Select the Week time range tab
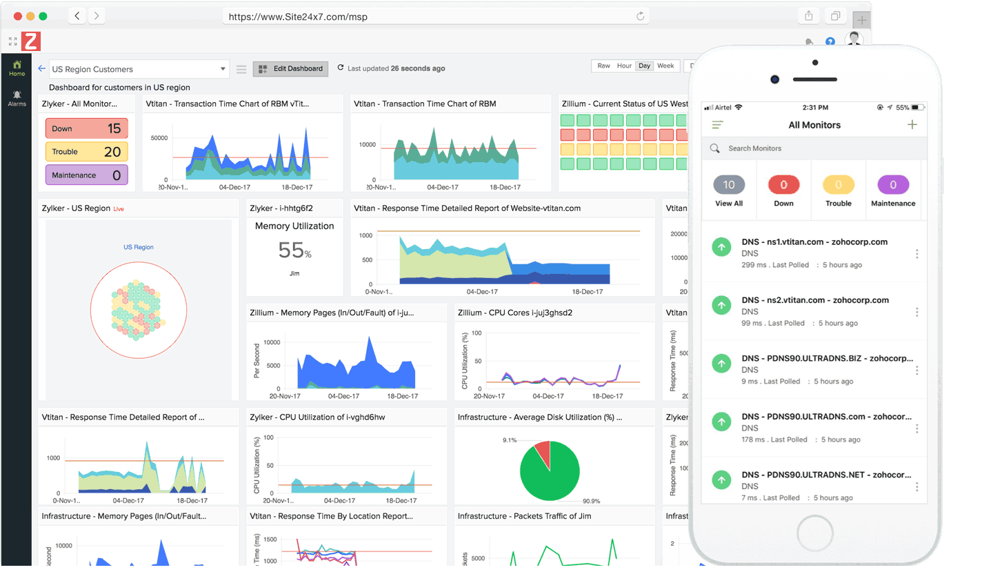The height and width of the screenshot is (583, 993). (665, 66)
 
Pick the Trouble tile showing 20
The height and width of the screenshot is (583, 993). (87, 152)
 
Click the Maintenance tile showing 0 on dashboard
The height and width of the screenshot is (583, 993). (87, 175)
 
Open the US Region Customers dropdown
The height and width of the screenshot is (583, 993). (138, 69)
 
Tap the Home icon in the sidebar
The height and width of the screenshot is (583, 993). (17, 68)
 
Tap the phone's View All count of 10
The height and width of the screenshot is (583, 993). (729, 185)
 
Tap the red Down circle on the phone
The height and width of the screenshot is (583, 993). (783, 185)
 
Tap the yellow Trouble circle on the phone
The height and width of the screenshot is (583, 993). (839, 185)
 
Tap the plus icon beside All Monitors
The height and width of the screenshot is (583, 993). (912, 125)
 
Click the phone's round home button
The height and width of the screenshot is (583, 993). (814, 533)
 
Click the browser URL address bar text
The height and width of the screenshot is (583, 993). (298, 17)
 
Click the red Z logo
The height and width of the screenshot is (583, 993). (31, 41)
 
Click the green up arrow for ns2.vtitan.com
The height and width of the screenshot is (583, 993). (721, 305)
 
